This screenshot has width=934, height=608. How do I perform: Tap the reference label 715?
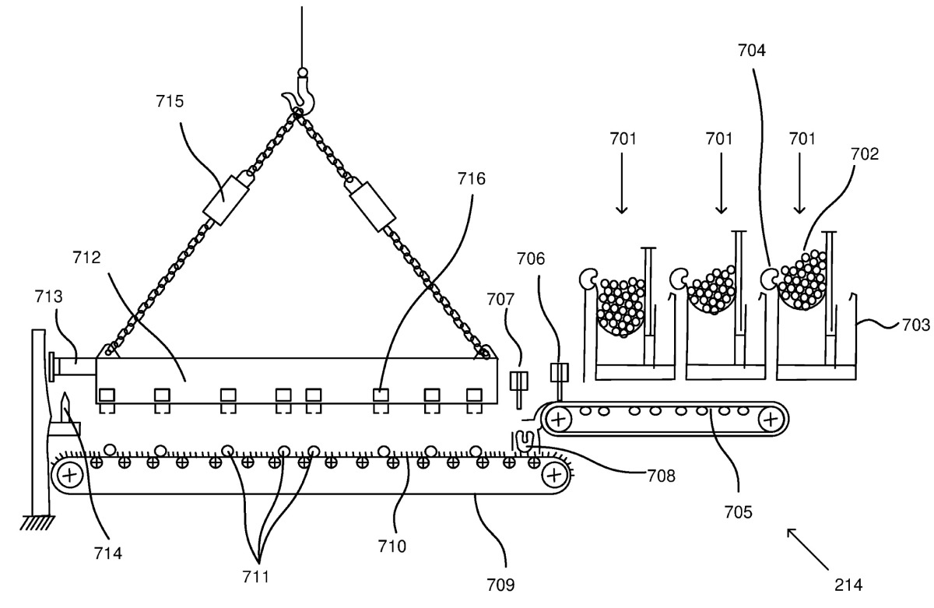170,101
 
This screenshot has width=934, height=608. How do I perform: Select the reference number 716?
472,179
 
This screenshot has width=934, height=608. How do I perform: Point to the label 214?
848,585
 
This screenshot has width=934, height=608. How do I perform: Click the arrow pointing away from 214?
808,549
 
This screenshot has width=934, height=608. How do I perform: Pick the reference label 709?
500,585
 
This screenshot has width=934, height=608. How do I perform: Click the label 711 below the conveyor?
255,577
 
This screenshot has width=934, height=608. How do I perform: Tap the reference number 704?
752,51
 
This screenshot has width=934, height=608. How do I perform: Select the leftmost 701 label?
623,139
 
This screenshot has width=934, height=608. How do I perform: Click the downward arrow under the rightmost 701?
799,184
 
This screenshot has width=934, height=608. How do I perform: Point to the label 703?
915,325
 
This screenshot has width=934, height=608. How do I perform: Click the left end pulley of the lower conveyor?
70,475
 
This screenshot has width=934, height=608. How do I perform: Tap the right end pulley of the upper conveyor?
771,419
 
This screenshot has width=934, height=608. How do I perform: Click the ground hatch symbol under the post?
37,523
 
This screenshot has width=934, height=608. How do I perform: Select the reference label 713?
48,297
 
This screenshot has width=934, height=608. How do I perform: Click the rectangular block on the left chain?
226,200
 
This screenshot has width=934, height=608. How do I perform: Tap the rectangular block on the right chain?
372,206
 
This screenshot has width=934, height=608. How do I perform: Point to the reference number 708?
661,476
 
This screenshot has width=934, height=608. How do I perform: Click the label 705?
738,511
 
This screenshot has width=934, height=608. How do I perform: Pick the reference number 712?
86,258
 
